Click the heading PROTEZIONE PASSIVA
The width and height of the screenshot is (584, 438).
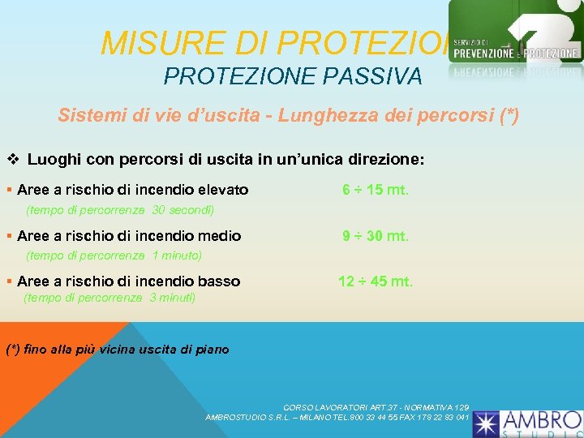click(x=293, y=76)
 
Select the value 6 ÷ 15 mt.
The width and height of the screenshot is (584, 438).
click(x=376, y=191)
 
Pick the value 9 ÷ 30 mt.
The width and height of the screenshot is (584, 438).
click(x=376, y=236)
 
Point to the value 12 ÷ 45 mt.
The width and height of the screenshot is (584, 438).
click(x=376, y=281)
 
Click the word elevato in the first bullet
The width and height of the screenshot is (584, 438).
click(x=221, y=191)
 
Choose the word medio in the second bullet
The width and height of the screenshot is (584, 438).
click(x=219, y=236)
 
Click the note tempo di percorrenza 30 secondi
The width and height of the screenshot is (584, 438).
click(x=120, y=209)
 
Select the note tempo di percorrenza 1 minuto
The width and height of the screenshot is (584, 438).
click(x=114, y=255)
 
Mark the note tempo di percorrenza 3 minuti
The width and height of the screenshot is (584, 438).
click(x=109, y=298)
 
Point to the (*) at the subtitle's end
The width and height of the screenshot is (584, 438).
click(x=508, y=115)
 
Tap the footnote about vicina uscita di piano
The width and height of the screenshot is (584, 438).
click(x=118, y=350)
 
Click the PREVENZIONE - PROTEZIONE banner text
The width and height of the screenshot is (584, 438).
click(x=516, y=54)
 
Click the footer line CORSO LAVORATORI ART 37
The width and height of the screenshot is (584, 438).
click(x=376, y=407)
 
